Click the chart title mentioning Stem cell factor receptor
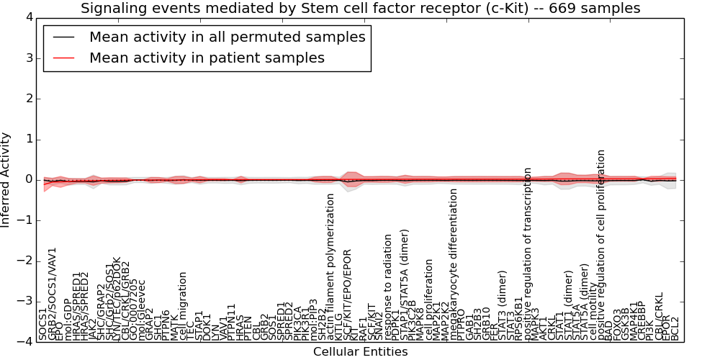(x=360, y=9)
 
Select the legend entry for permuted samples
(x=227, y=37)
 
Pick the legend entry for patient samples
(x=207, y=58)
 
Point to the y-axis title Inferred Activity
(x=6, y=180)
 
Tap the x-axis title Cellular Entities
(x=360, y=351)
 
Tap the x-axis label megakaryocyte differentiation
(x=454, y=264)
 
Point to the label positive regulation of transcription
(x=528, y=253)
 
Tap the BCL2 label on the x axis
(x=675, y=327)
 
